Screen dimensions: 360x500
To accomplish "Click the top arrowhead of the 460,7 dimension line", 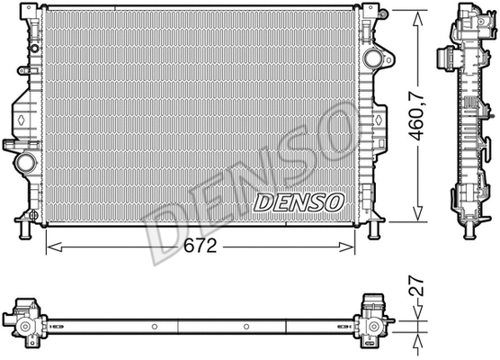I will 417,15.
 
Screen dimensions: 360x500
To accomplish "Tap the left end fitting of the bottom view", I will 27,321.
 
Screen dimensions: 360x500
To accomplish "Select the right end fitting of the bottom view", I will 372,321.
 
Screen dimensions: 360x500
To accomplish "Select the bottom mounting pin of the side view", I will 469,233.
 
